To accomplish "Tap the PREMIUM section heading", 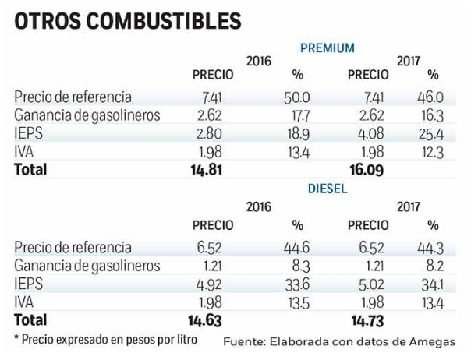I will pyautogui.click(x=328, y=48).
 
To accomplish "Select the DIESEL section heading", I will pyautogui.click(x=328, y=189).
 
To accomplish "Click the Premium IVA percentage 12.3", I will pyautogui.click(x=430, y=151).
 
